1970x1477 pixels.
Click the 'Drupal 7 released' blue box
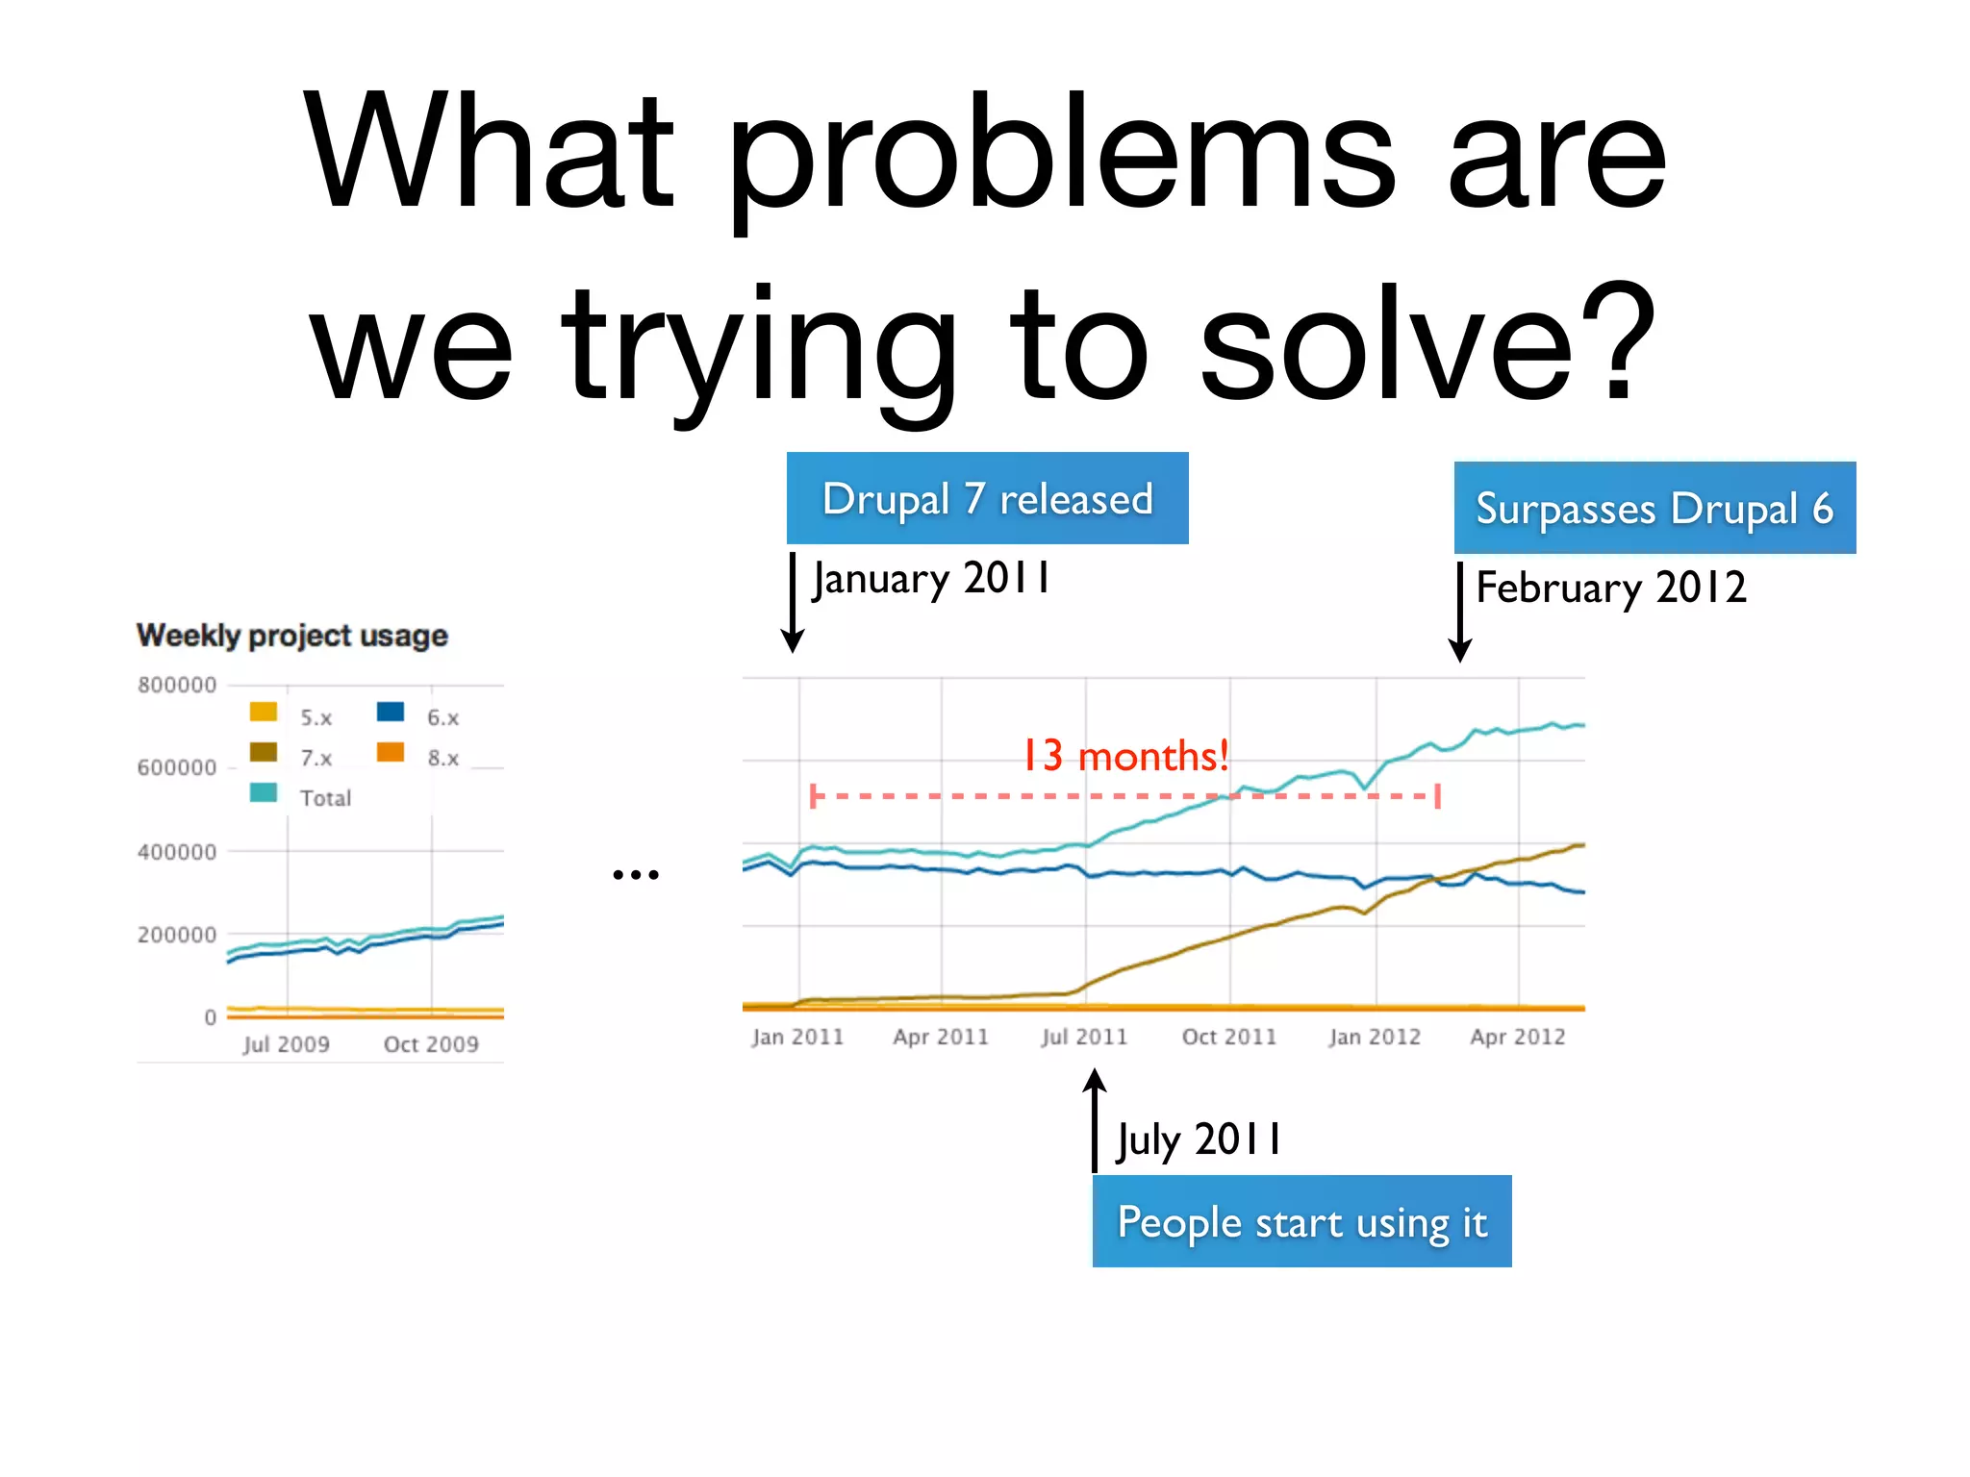(987, 498)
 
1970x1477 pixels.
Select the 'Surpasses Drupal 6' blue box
(1654, 508)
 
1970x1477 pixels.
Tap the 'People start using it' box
(1301, 1221)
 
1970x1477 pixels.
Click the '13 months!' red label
(1124, 756)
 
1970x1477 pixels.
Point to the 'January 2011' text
(931, 579)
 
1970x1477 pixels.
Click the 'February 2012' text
(1611, 588)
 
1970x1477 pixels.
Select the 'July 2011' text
(1199, 1140)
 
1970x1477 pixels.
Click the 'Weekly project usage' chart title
(292, 636)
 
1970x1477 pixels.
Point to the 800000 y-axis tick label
(177, 686)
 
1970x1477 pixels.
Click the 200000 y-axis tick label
(177, 935)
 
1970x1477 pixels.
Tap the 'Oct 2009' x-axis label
(431, 1044)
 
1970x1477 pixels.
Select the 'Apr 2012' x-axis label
(1518, 1037)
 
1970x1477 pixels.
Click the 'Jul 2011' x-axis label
(1084, 1037)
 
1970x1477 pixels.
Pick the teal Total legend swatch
(264, 793)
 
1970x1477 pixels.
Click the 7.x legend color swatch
(264, 752)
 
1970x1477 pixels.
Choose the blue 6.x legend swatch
(391, 712)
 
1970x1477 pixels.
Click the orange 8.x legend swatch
(391, 752)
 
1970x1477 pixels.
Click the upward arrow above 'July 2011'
(1095, 1115)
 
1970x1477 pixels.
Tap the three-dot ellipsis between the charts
(636, 875)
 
